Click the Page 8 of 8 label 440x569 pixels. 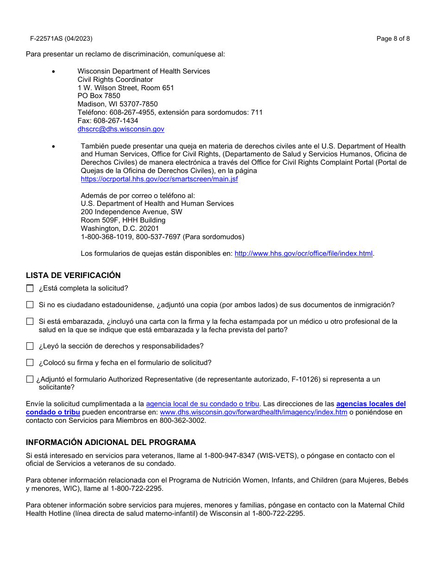[x=393, y=39]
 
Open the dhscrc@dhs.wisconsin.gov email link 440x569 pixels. [x=120, y=130]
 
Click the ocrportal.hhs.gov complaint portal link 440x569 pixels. [x=159, y=179]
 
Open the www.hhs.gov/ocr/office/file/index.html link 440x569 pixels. [x=303, y=254]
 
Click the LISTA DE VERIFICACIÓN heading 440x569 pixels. [x=73, y=275]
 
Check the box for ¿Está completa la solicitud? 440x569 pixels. [x=30, y=289]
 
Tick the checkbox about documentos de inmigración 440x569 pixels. [x=30, y=305]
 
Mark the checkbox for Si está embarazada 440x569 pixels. [x=30, y=322]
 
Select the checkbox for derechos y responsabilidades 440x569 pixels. [x=30, y=346]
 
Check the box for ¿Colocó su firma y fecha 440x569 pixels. [x=30, y=363]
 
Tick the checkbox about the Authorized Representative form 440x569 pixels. [x=30, y=379]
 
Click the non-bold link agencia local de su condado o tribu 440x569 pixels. [x=202, y=404]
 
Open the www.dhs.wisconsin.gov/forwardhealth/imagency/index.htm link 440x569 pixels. [x=253, y=412]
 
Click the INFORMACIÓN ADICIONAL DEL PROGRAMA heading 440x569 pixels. [x=111, y=442]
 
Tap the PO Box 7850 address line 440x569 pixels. [x=99, y=96]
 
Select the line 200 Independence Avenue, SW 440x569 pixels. [x=132, y=212]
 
